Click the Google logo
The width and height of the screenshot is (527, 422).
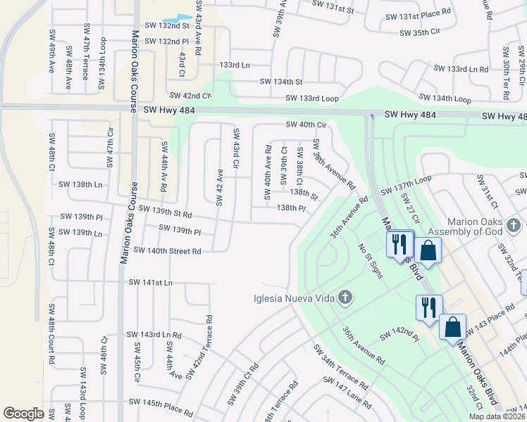(23, 414)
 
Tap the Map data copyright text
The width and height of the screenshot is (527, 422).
(497, 416)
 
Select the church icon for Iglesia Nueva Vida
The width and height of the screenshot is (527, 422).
(345, 297)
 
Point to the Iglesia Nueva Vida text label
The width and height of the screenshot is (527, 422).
(295, 298)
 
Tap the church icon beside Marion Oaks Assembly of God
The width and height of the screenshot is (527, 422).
(514, 225)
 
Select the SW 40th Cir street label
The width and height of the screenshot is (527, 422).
(307, 124)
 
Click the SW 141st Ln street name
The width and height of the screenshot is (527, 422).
(150, 282)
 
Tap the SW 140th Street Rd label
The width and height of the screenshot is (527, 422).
(167, 250)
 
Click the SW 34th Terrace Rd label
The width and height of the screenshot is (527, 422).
(340, 367)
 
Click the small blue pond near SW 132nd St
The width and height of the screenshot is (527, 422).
(178, 18)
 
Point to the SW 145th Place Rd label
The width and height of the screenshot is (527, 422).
(161, 406)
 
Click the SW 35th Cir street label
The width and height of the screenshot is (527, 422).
(419, 32)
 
